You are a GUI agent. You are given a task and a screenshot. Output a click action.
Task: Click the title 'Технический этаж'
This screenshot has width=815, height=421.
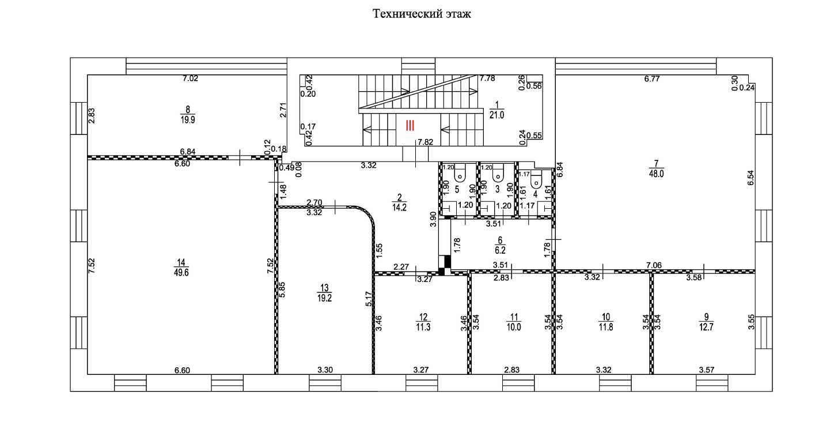[x=422, y=14]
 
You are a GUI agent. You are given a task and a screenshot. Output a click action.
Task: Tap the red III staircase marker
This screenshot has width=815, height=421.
[x=410, y=126]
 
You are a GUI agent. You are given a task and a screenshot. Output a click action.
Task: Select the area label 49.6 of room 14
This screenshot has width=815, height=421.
[x=181, y=272]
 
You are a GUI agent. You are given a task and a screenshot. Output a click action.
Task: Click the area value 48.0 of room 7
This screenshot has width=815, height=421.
[x=657, y=174]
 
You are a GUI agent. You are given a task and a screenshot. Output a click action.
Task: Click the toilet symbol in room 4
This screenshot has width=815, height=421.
[x=536, y=178]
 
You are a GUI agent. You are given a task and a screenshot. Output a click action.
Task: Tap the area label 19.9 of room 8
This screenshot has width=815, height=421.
[x=188, y=119]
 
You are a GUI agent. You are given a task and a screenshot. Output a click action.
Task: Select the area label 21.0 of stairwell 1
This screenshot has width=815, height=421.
[x=496, y=115]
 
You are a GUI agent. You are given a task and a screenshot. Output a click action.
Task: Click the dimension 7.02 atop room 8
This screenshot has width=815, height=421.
[x=190, y=78]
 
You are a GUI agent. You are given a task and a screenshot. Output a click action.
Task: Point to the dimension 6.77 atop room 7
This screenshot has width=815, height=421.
[x=652, y=78]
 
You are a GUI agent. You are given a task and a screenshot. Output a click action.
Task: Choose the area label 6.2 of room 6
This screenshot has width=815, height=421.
[x=501, y=250]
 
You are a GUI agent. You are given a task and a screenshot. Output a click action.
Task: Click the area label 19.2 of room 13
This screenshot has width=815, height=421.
[x=324, y=298]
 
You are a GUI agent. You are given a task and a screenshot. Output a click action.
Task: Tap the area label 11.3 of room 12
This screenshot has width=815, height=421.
[x=423, y=327]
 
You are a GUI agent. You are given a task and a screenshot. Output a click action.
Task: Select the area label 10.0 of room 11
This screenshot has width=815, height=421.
[x=514, y=327]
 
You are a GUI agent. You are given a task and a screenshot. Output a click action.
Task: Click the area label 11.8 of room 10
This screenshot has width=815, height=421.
[x=606, y=327]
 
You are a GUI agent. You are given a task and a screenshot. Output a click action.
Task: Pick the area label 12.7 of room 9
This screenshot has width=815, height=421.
[x=706, y=327]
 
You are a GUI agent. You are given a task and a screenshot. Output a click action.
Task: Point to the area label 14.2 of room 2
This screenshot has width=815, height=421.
[x=399, y=208]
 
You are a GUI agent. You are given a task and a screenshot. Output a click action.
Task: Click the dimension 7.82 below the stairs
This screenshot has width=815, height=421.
[x=425, y=142]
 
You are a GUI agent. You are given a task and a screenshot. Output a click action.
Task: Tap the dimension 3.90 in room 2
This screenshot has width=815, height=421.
[x=433, y=219]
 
